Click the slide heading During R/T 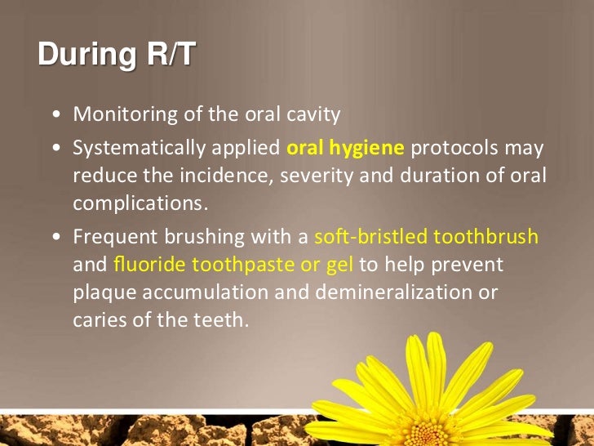pos(117,55)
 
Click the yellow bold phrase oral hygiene pos(345,148)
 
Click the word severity pos(315,176)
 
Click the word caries pos(96,319)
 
